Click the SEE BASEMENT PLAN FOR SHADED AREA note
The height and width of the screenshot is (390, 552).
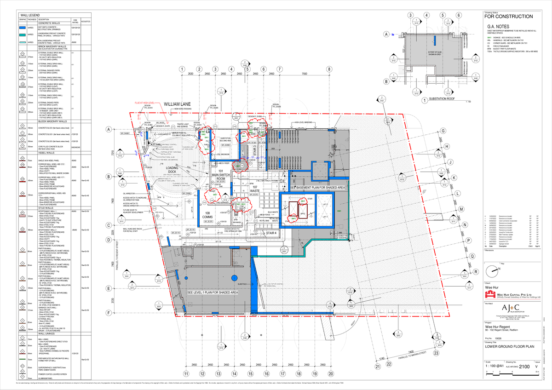[318, 188]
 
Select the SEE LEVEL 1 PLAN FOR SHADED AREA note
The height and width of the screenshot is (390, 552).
[212, 292]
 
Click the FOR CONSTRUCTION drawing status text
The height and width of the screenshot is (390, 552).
[509, 17]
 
